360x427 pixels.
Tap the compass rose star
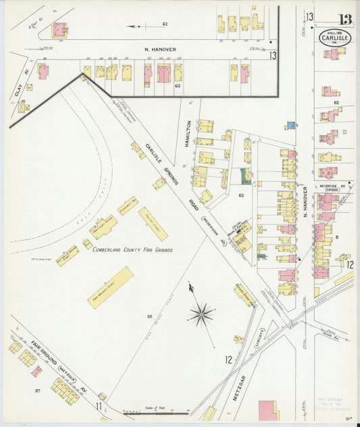201,313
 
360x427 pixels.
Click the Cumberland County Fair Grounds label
132,250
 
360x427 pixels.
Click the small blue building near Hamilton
290,126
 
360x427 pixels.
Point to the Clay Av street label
18,85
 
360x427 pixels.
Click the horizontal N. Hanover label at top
159,49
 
